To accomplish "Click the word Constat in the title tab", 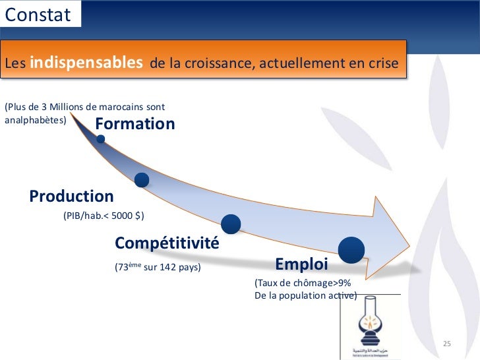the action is tap(38, 15).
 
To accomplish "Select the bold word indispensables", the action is tap(86, 63).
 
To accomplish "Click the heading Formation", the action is tap(135, 124).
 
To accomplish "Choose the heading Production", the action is tap(71, 196).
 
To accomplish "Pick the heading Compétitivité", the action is tap(167, 243).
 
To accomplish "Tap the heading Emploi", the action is tap(301, 265).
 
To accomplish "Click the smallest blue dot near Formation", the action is tap(101, 139).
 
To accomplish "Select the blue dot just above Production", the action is tap(141, 179).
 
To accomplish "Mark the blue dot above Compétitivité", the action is tap(231, 224).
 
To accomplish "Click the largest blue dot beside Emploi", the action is tap(351, 249).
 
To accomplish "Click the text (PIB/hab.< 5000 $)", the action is tap(104, 216).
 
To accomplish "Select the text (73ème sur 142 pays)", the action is tap(158, 268).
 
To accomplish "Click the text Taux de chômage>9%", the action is tap(303, 282).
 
